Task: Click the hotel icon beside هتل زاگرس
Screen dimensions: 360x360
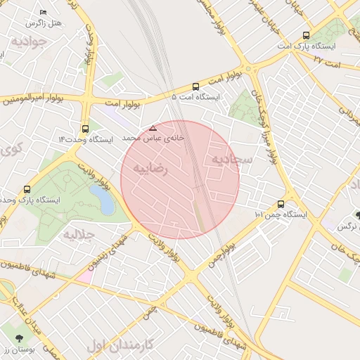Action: [44, 13]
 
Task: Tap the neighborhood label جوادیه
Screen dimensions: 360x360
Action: [29, 41]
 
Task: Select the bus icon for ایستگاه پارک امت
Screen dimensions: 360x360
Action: [306, 35]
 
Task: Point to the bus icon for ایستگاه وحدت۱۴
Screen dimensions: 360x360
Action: [85, 129]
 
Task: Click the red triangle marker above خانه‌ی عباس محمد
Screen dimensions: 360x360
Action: [153, 128]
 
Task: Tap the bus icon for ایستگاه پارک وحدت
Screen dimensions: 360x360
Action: [27, 189]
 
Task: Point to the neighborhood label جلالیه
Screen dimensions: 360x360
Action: [78, 234]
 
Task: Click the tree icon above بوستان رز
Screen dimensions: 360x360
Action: [18, 339]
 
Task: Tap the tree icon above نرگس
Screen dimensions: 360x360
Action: [358, 214]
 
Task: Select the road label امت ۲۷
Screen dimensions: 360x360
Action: [328, 63]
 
